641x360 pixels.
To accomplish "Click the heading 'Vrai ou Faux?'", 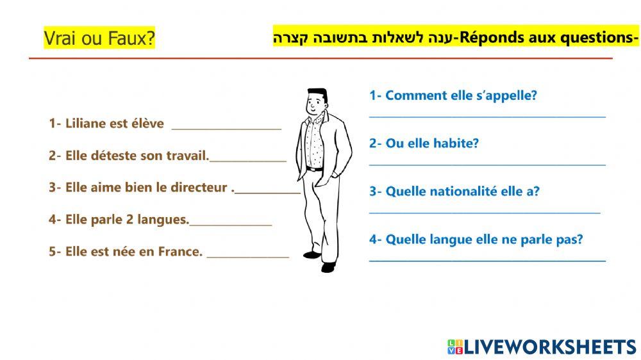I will [99, 38].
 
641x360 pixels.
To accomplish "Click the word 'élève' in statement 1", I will [147, 124].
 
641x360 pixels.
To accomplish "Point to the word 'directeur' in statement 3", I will [197, 188].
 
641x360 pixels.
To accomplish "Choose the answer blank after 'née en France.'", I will [247, 256].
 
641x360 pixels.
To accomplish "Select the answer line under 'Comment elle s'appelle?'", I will [487, 116].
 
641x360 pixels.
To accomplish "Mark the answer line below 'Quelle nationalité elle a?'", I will [485, 211].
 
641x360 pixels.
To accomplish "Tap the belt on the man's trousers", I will [315, 169].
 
